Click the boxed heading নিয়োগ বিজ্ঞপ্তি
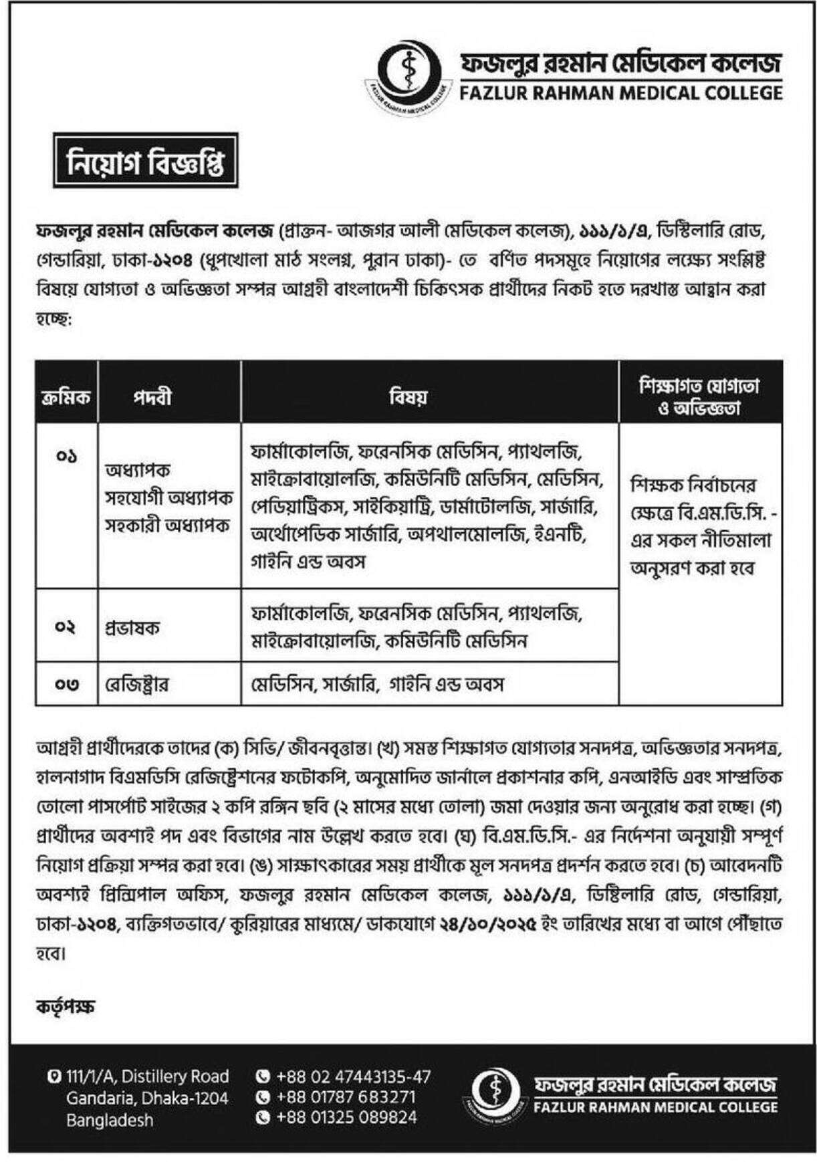[146, 160]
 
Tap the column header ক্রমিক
[66, 396]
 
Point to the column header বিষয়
[409, 396]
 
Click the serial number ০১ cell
[67, 457]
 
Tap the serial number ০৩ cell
[67, 685]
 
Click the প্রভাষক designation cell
[132, 628]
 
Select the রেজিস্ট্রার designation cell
[136, 685]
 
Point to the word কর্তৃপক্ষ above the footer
[66, 1005]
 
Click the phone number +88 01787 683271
[345, 1096]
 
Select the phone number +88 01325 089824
[346, 1117]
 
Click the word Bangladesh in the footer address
[110, 1120]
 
